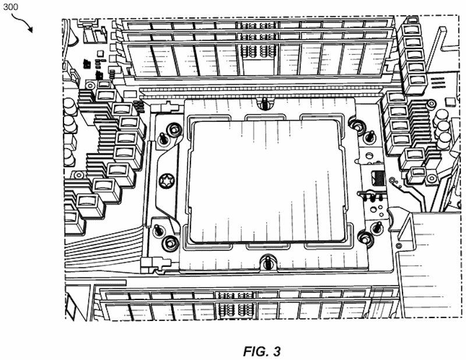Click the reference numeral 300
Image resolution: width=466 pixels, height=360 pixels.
click(10, 6)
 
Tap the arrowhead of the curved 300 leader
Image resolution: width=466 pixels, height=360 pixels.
click(31, 30)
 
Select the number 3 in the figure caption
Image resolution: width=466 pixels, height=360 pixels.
click(277, 351)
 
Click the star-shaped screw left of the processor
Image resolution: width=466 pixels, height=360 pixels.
click(165, 181)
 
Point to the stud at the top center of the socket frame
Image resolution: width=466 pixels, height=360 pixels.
click(263, 103)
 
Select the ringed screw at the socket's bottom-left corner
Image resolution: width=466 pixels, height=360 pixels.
click(170, 242)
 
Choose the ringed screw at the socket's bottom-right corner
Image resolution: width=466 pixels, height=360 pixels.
click(365, 237)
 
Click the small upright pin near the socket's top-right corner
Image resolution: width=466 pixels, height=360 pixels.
click(370, 136)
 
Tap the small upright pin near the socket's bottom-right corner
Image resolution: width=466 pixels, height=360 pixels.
click(377, 227)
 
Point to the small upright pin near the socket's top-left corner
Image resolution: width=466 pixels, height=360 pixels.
click(163, 138)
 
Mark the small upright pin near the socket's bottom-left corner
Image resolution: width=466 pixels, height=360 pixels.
click(158, 230)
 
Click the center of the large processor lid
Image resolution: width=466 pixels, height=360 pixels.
click(267, 181)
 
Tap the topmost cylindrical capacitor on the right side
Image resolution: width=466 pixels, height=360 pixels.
click(442, 116)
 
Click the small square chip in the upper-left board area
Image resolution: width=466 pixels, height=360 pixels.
click(101, 53)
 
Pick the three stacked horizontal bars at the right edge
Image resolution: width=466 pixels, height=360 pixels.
click(438, 83)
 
